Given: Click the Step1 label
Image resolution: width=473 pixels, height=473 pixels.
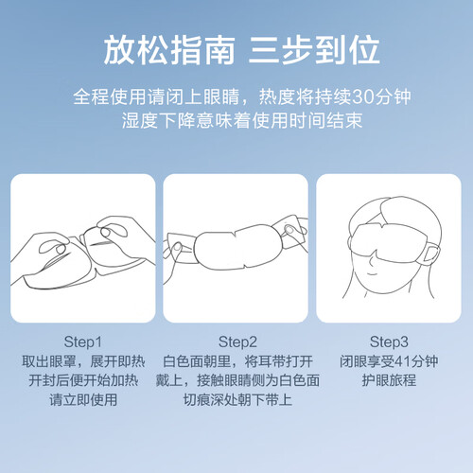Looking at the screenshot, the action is click(82, 342).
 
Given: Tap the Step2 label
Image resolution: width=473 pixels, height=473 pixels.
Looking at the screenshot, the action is click(237, 342).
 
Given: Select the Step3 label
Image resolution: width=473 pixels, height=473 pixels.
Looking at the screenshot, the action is click(389, 342).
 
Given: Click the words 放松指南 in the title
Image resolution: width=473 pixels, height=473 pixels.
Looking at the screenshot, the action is click(169, 50).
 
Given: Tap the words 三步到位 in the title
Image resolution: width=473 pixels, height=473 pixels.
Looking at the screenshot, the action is click(314, 50).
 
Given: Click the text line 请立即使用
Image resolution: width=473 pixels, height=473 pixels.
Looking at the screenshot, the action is click(83, 400).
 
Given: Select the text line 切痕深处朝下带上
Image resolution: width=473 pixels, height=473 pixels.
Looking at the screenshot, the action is click(237, 400).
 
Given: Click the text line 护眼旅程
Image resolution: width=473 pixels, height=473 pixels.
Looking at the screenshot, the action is click(389, 380).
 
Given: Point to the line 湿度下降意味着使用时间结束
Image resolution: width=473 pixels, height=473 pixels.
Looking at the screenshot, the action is click(242, 120).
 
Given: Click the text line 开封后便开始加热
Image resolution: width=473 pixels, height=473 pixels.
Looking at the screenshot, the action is click(83, 380).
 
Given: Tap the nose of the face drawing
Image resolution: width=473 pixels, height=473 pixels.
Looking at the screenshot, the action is click(372, 259).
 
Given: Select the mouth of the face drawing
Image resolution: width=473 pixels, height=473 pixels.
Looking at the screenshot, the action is click(373, 273).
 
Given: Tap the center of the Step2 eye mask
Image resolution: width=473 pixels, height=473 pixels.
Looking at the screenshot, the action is click(237, 248).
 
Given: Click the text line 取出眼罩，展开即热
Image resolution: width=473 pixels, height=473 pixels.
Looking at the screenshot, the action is click(83, 361).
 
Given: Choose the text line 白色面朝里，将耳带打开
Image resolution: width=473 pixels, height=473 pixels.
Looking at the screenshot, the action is click(237, 361).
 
